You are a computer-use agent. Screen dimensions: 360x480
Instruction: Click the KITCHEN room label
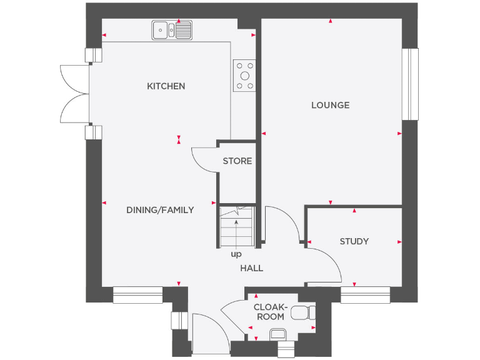coord(166,86)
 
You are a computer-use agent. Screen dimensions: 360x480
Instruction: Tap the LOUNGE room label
coord(330,105)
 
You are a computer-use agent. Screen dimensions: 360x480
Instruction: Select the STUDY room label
coord(354,241)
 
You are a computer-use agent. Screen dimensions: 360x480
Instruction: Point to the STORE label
coord(237,161)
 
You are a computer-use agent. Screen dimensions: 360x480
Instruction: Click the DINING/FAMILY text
coord(160,211)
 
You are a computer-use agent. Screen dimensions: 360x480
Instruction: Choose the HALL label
coord(252,268)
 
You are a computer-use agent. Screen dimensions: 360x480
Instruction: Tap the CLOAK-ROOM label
coord(269,312)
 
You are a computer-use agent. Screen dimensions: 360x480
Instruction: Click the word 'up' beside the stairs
coord(236,254)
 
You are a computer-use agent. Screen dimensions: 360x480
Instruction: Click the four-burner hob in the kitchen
coord(244,75)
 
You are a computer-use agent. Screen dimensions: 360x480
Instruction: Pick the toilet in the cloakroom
coord(304,312)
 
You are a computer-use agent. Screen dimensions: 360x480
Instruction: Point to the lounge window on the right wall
coord(409,84)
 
